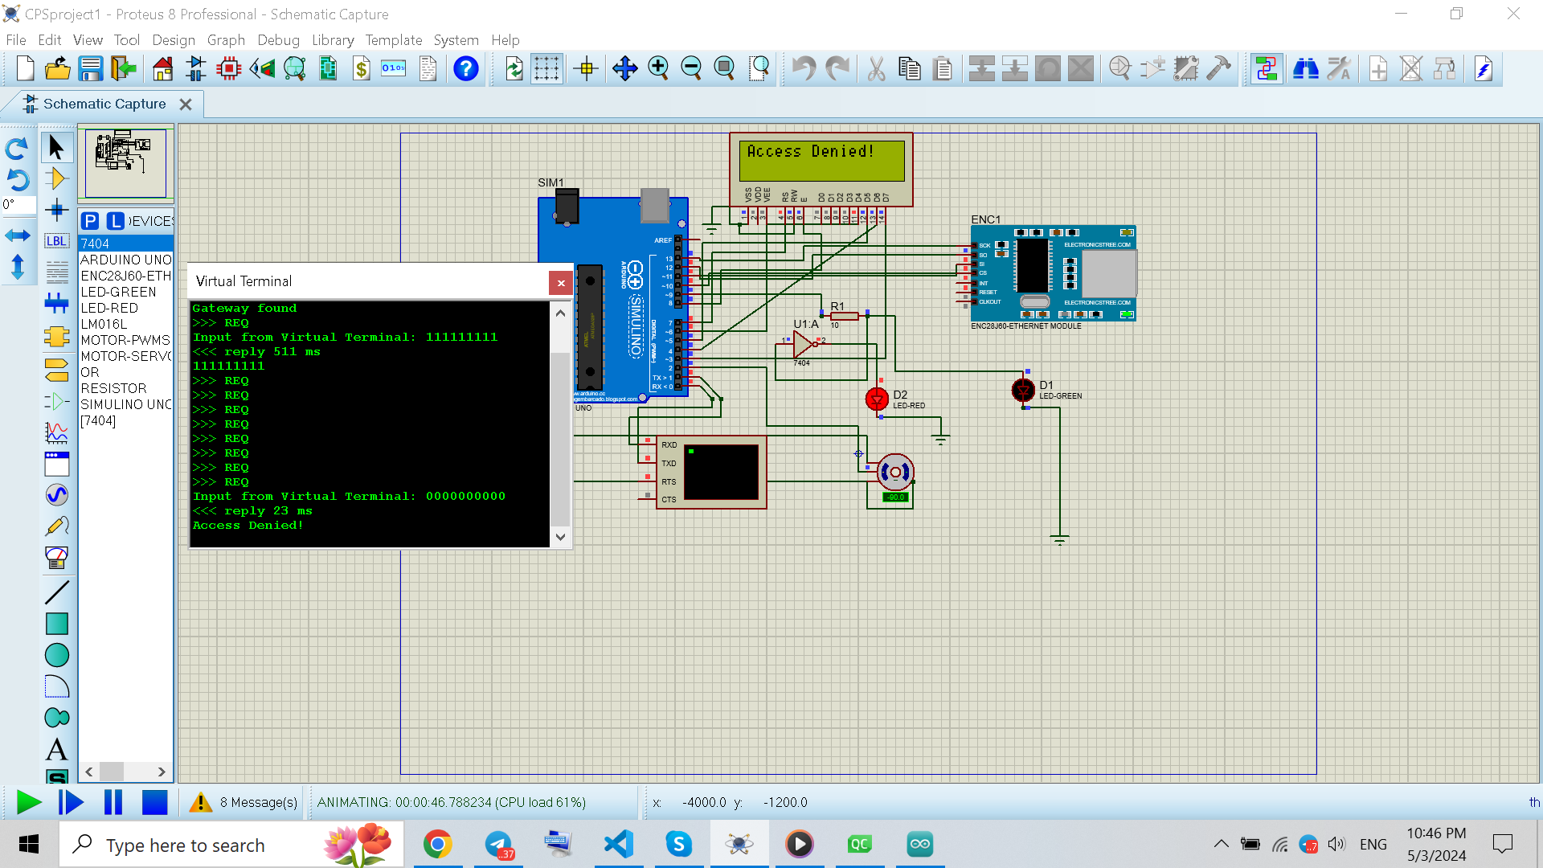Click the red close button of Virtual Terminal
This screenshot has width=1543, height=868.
click(x=561, y=283)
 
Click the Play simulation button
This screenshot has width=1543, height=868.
click(x=29, y=802)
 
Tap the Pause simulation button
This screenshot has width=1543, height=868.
click(x=113, y=802)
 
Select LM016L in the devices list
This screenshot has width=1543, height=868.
click(x=104, y=324)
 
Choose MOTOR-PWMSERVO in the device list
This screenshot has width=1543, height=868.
click(x=125, y=340)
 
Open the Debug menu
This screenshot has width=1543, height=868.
click(x=278, y=40)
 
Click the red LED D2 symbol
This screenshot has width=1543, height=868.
click(x=877, y=398)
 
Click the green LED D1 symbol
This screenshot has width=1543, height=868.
click(x=1023, y=391)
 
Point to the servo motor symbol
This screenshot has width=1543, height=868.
click(x=894, y=473)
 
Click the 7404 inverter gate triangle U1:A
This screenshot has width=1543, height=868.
click(x=803, y=344)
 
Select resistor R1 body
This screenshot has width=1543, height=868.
click(x=844, y=316)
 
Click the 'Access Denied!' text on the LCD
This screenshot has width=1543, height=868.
click(x=810, y=151)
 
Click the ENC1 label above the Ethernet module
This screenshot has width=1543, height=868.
click(x=985, y=219)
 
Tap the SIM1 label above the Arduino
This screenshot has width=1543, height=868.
click(x=550, y=182)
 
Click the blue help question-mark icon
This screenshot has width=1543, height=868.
click(x=465, y=69)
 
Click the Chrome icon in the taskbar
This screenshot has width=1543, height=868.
click(x=438, y=844)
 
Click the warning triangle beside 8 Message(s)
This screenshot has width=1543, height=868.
click(x=200, y=802)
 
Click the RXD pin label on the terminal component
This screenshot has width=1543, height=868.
click(x=669, y=444)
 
